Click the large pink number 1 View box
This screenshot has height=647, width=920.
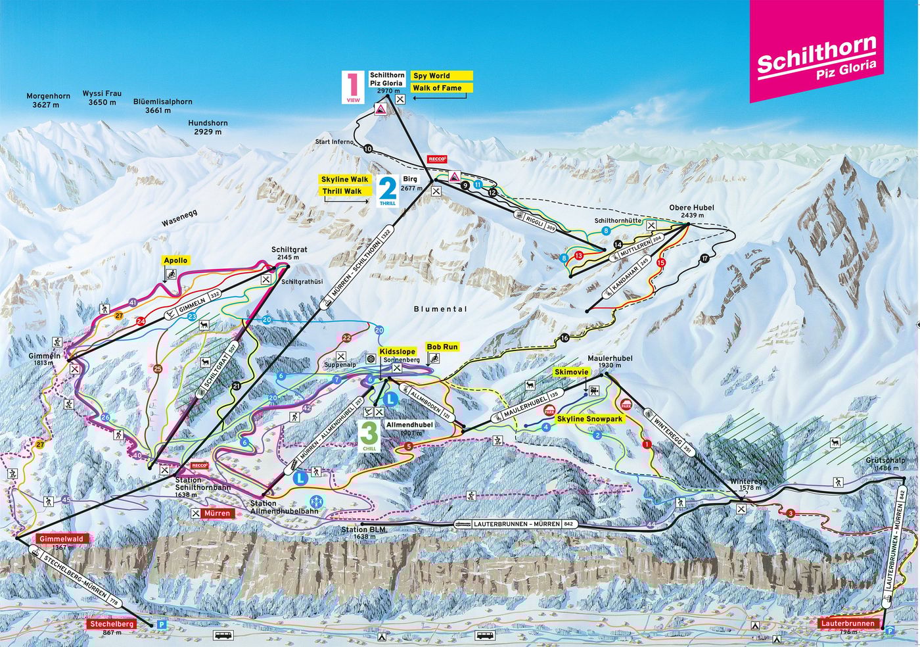(x=352, y=87)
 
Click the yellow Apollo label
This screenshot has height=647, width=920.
(x=175, y=260)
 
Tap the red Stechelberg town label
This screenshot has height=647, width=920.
(x=112, y=623)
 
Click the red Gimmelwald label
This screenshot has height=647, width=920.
(x=61, y=539)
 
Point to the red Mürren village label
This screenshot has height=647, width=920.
(x=217, y=513)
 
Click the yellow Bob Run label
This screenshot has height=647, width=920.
(x=442, y=347)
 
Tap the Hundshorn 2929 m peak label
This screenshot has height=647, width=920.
(x=208, y=128)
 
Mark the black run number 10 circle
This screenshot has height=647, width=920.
(x=367, y=149)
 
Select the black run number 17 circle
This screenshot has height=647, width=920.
(x=705, y=258)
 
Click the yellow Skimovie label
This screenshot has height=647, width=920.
(x=570, y=372)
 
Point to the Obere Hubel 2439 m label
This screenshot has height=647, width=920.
(x=691, y=211)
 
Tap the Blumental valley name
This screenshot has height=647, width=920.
(x=440, y=309)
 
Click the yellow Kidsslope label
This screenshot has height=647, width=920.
(x=397, y=352)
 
